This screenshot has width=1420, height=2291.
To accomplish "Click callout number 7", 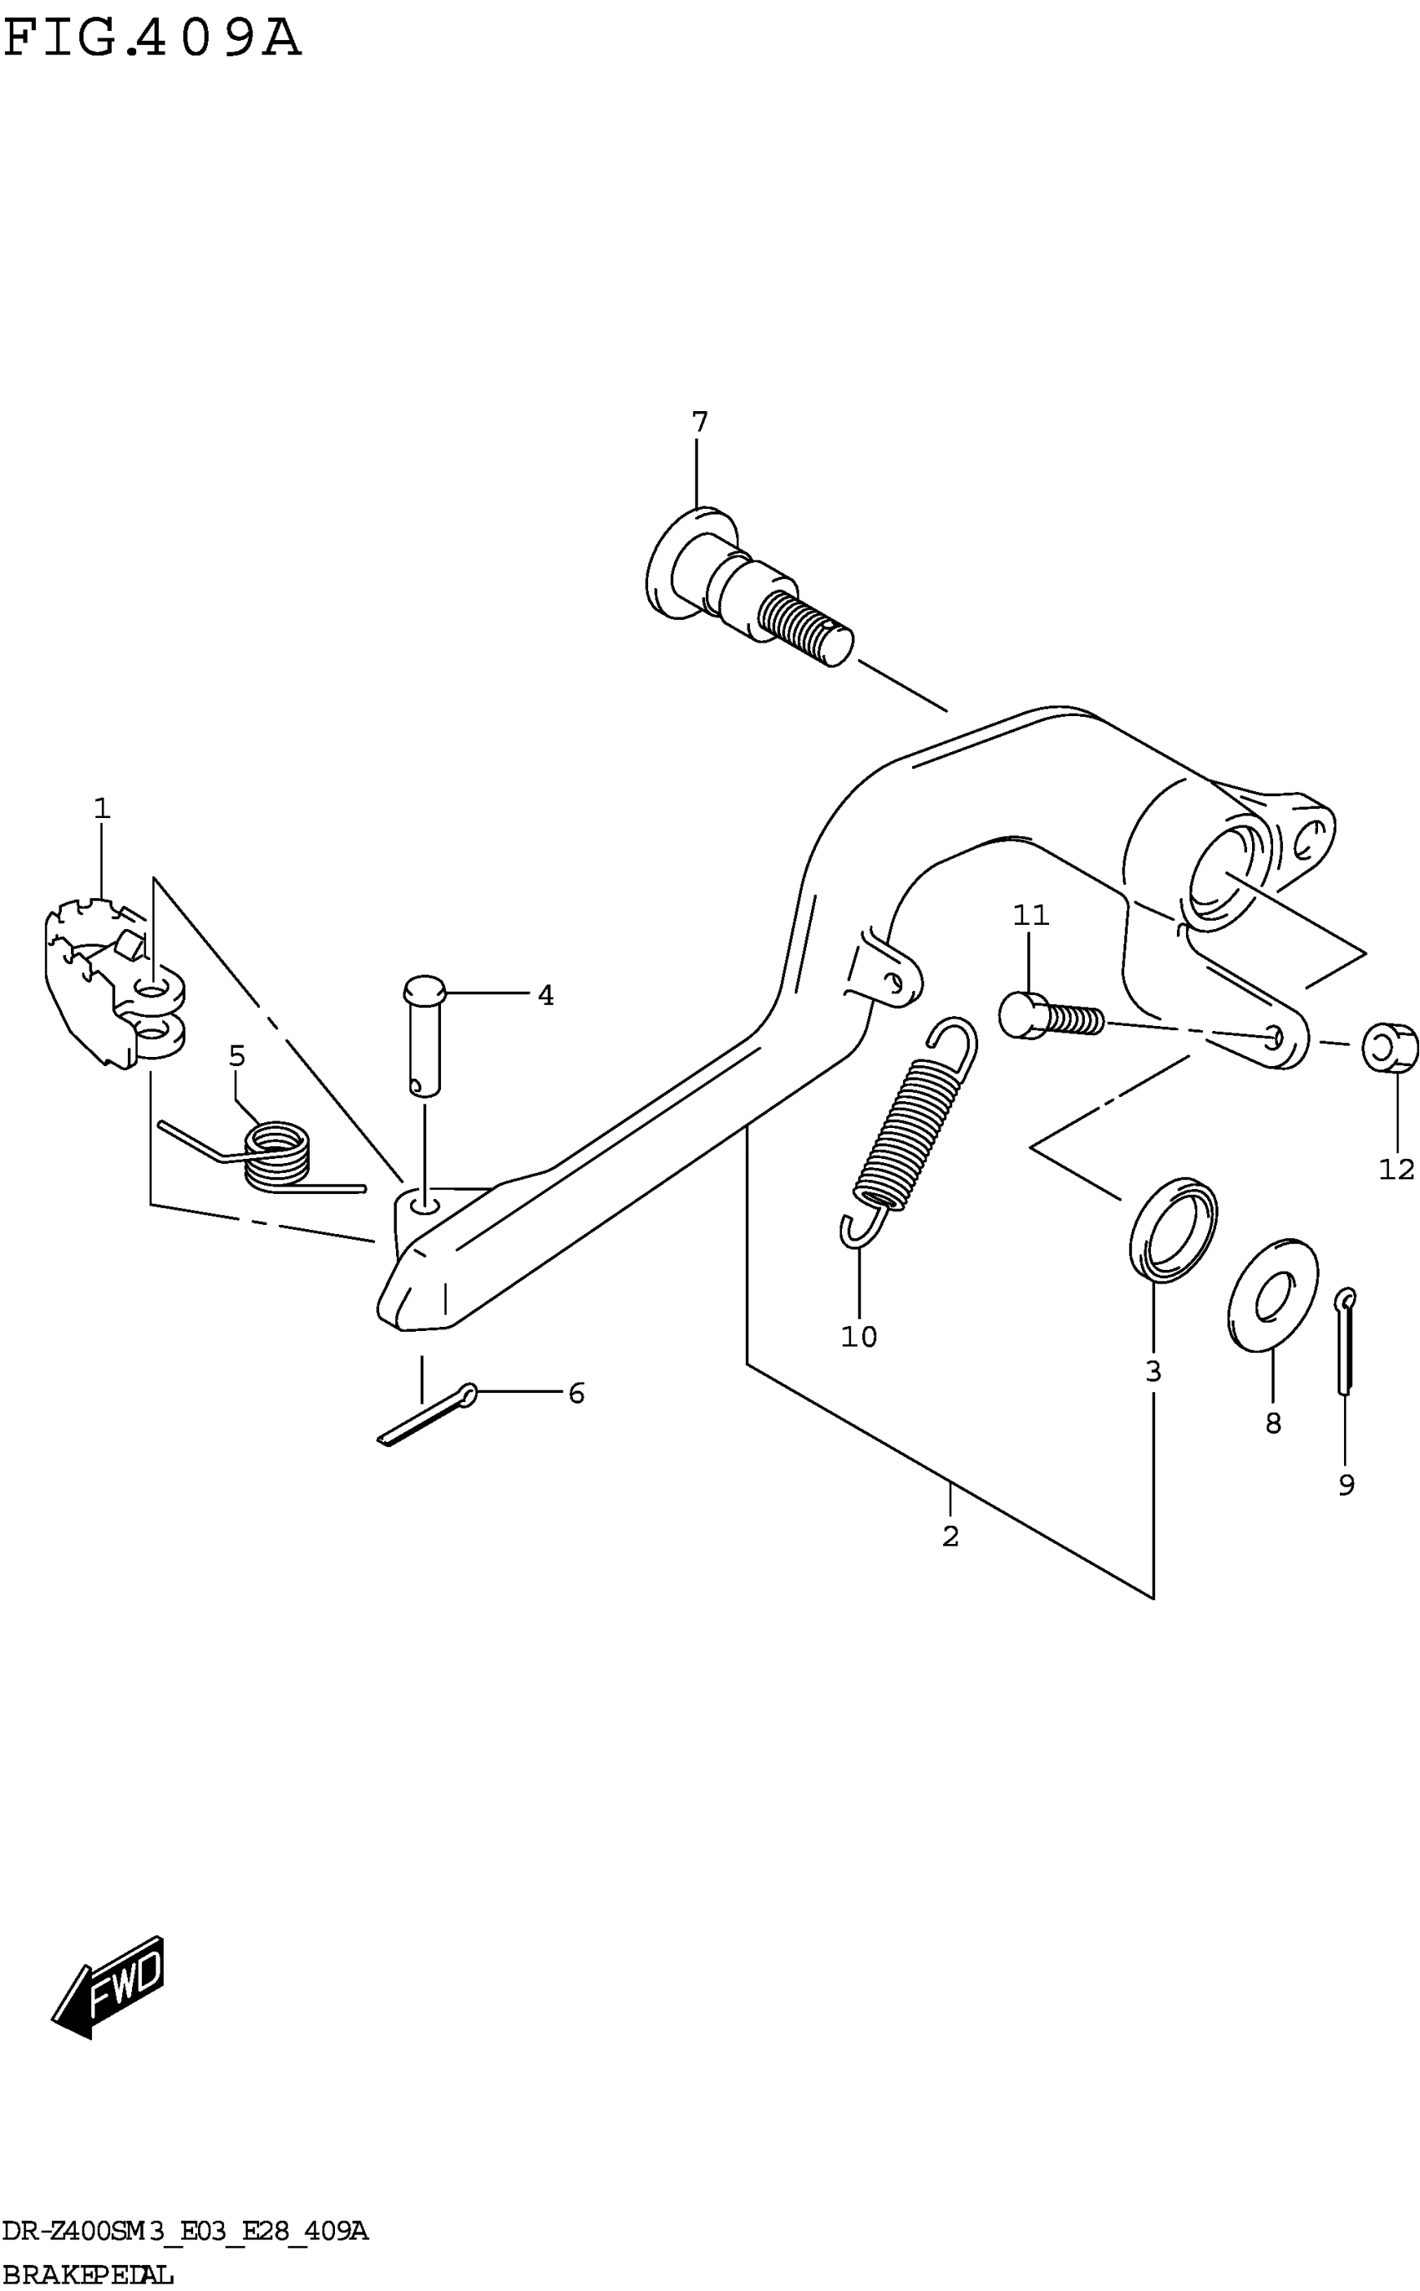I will (x=699, y=423).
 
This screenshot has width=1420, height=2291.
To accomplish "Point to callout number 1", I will (x=101, y=808).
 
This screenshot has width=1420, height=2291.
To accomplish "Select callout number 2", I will (x=951, y=1537).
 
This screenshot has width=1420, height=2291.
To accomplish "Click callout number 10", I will (x=859, y=1336).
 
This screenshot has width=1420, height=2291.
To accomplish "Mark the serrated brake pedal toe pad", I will (x=89, y=977).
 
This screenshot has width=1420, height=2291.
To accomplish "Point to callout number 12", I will (x=1397, y=1170).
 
